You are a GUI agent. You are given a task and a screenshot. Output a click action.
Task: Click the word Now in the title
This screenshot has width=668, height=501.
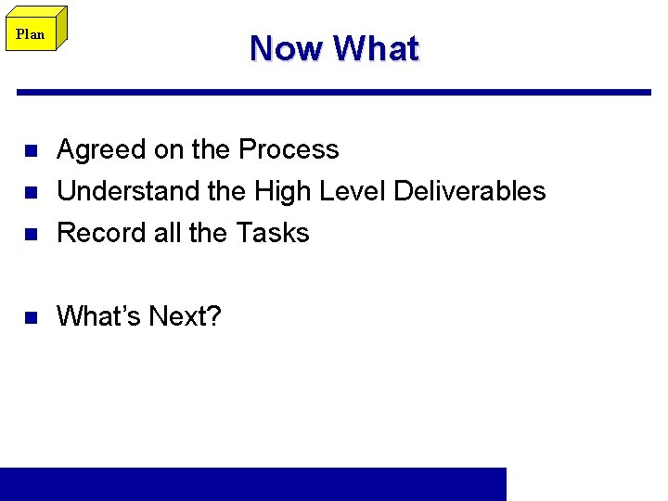pos(287,48)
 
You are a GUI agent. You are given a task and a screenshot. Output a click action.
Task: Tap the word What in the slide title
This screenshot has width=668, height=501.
pos(376,48)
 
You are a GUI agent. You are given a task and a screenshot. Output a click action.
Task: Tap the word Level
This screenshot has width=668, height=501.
pos(353,191)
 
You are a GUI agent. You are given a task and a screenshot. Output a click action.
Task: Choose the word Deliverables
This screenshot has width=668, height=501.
pos(469,191)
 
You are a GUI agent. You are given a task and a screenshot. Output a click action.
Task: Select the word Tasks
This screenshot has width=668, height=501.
pos(273,233)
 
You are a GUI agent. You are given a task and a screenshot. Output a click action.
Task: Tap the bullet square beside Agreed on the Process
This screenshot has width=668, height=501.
pos(30,150)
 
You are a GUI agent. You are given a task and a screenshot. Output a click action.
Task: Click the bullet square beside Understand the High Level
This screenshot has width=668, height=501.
pos(30,192)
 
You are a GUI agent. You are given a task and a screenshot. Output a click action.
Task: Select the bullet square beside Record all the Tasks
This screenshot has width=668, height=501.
pos(30,234)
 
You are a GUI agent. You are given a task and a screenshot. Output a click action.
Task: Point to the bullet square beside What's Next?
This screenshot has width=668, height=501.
pos(30,317)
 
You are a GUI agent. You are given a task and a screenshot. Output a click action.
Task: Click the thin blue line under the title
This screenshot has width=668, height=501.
pos(334,92)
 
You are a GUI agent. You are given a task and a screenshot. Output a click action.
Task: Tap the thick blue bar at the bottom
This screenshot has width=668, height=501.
pos(253,483)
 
